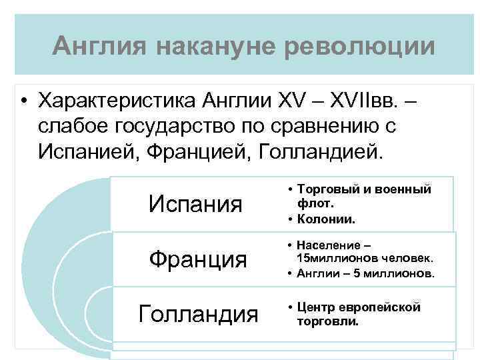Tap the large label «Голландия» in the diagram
point(198,313)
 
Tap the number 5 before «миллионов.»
point(362,273)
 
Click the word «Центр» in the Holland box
point(316,308)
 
